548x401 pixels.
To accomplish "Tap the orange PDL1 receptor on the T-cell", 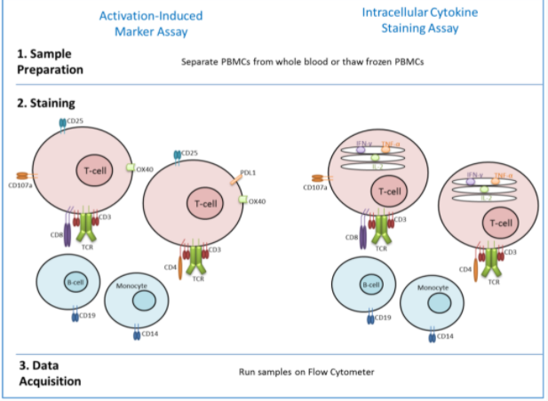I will coord(235,180).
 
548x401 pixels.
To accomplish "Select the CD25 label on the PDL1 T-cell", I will coord(189,153).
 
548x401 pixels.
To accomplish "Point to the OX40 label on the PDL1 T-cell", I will coord(258,201).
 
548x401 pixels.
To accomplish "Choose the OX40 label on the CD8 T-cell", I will coord(146,169).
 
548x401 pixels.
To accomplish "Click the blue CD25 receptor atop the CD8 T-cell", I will coord(62,123).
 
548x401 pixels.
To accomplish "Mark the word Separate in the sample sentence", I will coord(200,62).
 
